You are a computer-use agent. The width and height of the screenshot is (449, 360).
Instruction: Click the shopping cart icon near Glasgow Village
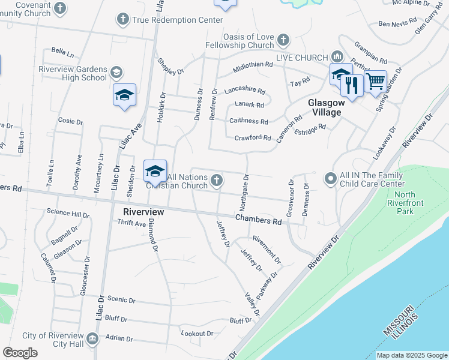click(375, 80)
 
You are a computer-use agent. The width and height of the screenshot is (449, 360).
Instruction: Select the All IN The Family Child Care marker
click(330, 179)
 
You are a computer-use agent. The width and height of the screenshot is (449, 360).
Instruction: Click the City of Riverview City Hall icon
click(92, 340)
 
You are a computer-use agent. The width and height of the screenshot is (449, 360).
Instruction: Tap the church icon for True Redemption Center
click(123, 20)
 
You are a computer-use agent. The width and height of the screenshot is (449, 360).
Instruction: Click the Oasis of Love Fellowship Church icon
click(283, 41)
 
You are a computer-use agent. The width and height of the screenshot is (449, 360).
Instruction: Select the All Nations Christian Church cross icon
click(217, 179)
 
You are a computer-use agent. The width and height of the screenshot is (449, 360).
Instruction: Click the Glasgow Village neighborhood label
click(325, 107)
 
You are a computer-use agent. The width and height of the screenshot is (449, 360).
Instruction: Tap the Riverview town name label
click(143, 212)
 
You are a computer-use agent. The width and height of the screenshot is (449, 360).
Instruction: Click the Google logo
click(20, 353)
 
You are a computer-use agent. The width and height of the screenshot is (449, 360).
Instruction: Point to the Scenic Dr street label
click(121, 301)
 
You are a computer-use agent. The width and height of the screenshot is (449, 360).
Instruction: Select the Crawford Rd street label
click(253, 137)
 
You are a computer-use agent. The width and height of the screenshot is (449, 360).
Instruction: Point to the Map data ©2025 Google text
click(412, 355)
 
